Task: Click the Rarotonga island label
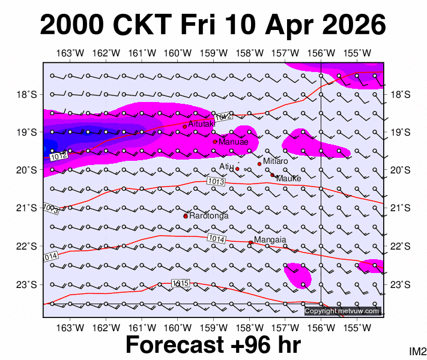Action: pos(208,215)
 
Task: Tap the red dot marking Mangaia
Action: pos(250,242)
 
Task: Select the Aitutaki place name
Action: pos(201,124)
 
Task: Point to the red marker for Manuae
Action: pos(215,142)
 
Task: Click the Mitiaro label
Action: pos(276,161)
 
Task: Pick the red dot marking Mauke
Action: pos(272,175)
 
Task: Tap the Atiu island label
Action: pos(225,166)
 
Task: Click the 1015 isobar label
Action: pos(180,283)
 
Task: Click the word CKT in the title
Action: pos(146,25)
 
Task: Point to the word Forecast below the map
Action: pos(179,346)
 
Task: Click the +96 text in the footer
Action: pos(253,346)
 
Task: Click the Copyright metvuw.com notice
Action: pos(342,311)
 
